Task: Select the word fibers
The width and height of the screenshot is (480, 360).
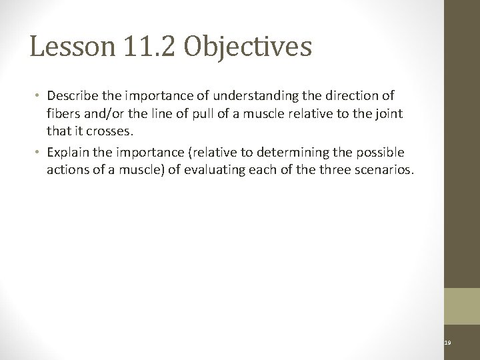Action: coord(63,114)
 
